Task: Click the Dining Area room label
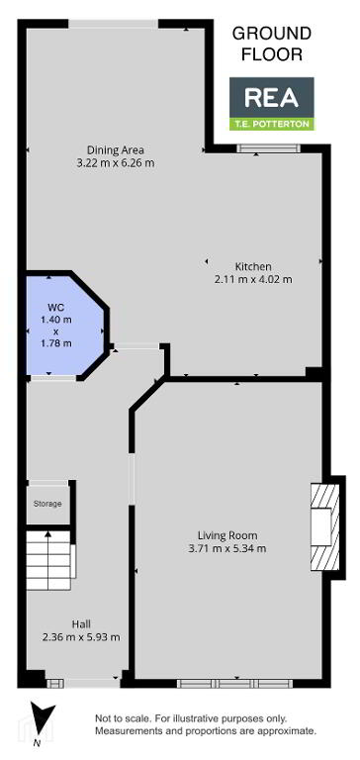click(116, 149)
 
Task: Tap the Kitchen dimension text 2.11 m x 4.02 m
click(253, 279)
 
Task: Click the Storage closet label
click(47, 504)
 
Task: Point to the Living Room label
click(227, 535)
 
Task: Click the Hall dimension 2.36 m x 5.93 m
click(81, 637)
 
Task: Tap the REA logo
click(271, 97)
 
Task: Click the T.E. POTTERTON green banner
click(271, 124)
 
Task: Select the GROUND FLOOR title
click(272, 44)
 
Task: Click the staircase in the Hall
click(50, 560)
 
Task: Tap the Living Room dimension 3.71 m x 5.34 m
click(227, 549)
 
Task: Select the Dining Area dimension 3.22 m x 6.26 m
click(116, 163)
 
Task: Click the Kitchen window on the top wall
click(269, 148)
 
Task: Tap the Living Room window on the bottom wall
click(235, 684)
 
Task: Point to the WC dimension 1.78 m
click(55, 343)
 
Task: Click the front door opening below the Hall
click(93, 684)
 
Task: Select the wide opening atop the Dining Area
click(114, 24)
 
